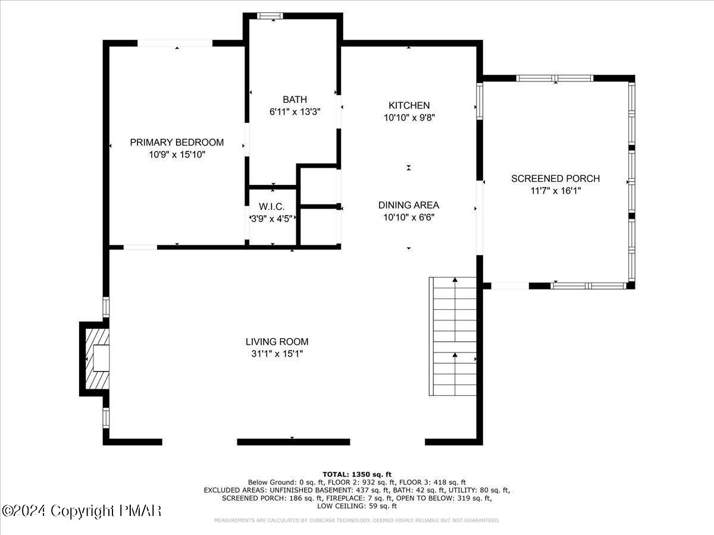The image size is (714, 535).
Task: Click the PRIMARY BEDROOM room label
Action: coord(177,143)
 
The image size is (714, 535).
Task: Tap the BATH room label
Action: coord(295,100)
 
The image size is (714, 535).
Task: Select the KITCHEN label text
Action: coord(409,106)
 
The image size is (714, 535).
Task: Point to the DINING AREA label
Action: coord(409,205)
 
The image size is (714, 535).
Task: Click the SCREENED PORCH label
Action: coord(555,178)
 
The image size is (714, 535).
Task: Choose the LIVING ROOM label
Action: coord(277,342)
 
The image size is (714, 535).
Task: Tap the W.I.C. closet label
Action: coord(272,207)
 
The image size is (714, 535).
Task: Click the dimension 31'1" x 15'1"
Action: coord(277,354)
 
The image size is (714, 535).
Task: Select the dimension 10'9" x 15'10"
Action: coord(177,155)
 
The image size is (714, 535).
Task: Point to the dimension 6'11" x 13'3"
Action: coord(295,112)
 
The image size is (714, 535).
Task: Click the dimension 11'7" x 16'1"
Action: coord(555,191)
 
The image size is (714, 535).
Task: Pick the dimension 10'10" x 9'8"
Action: coord(409,118)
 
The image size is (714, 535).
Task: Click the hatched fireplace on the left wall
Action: coord(95,358)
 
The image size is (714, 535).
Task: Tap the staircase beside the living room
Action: coord(454,336)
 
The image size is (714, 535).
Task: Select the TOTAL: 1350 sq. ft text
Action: coord(357,474)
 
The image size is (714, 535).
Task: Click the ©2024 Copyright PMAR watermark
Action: coord(82,511)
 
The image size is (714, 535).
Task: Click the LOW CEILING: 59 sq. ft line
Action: coord(357,506)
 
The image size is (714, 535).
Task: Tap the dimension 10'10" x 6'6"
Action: coord(409,218)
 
